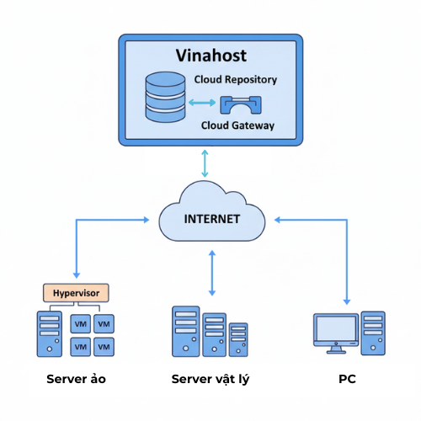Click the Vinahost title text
click(210, 56)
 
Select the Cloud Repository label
click(236, 80)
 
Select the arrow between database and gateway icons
click(202, 104)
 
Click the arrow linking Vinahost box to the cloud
click(205, 162)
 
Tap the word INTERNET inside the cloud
click(211, 219)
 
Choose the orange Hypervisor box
click(77, 292)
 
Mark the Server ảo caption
click(76, 379)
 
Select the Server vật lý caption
click(210, 379)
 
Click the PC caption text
click(347, 379)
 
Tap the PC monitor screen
click(334, 329)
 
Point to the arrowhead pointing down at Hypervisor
click(77, 274)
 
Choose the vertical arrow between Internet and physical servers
click(211, 272)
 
